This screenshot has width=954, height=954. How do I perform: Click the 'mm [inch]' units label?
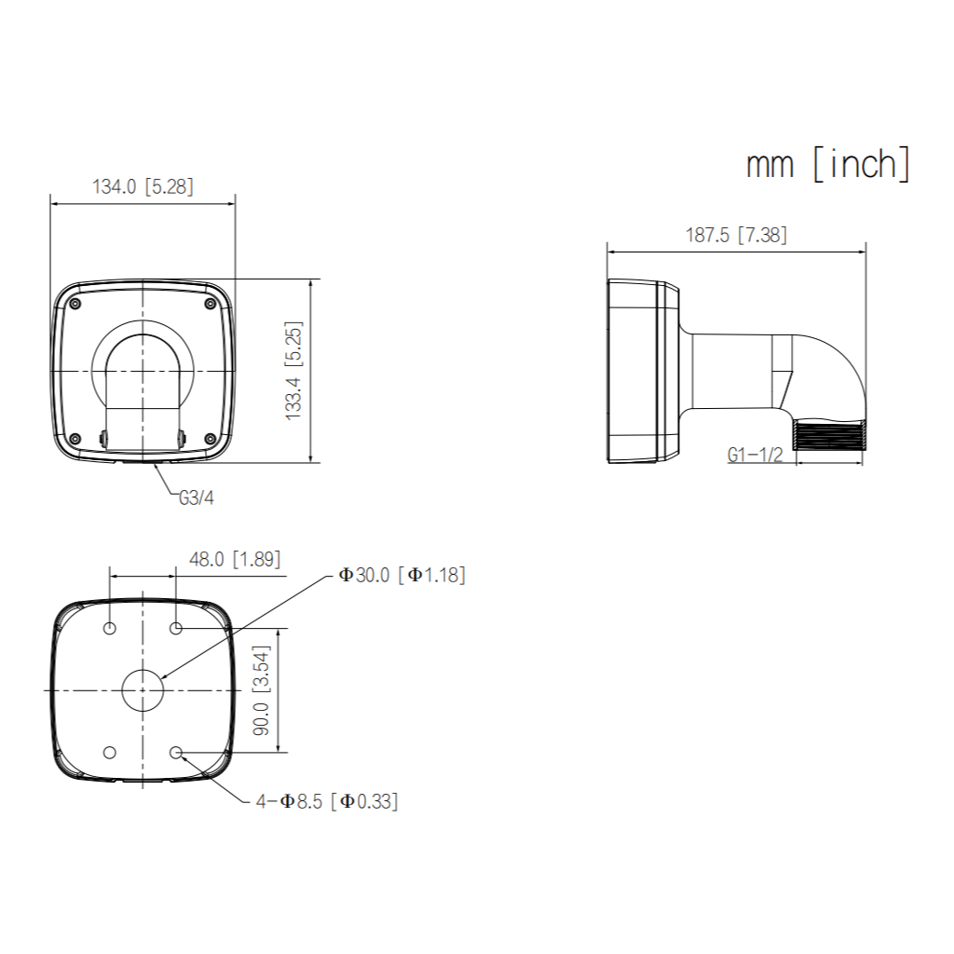tap(827, 164)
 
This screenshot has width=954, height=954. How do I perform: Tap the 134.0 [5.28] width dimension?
tap(143, 186)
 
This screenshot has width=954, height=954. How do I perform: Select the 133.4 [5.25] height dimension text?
tap(293, 371)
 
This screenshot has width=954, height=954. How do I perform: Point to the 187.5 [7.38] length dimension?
tap(736, 235)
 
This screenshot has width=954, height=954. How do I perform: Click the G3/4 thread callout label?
tap(197, 497)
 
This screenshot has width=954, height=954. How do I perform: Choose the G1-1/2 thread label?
tap(755, 455)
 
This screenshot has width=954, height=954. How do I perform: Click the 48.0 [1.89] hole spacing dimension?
tap(234, 559)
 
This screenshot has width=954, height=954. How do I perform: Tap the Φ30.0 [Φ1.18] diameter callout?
tap(402, 575)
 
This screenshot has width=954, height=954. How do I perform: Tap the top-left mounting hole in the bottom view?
tap(110, 629)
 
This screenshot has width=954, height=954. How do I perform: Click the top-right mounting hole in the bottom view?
tap(176, 629)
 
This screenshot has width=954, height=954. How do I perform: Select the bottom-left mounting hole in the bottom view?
tap(110, 751)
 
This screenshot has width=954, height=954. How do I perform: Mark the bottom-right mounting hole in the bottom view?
tap(176, 751)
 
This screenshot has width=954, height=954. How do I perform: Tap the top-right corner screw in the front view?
tap(209, 303)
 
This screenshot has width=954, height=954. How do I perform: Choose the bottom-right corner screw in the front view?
tap(209, 438)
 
